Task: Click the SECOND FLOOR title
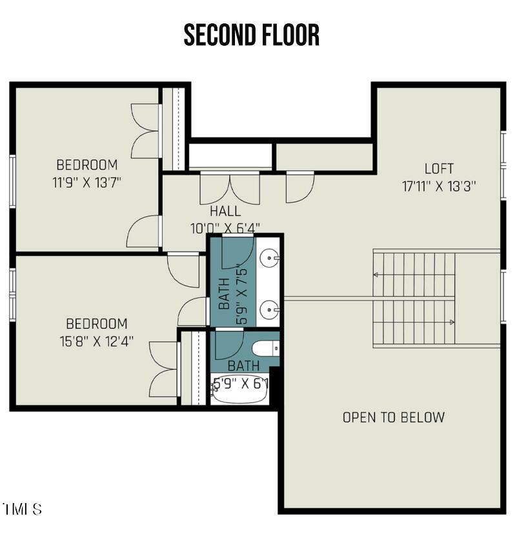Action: tap(252, 35)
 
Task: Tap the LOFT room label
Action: tap(439, 169)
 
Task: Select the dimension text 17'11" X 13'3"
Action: tap(439, 186)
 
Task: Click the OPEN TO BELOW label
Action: tap(393, 417)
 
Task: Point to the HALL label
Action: tap(225, 211)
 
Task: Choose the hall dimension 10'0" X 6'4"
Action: tap(225, 228)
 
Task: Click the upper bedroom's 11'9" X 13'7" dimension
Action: tap(87, 182)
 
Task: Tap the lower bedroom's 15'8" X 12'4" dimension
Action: tap(97, 341)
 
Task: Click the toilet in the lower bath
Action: tap(265, 349)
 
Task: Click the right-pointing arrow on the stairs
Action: tap(452, 322)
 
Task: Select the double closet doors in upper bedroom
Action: tap(147, 131)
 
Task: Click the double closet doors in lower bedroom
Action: tap(164, 370)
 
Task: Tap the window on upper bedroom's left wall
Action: tap(12, 181)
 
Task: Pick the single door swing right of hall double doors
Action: tap(301, 186)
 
